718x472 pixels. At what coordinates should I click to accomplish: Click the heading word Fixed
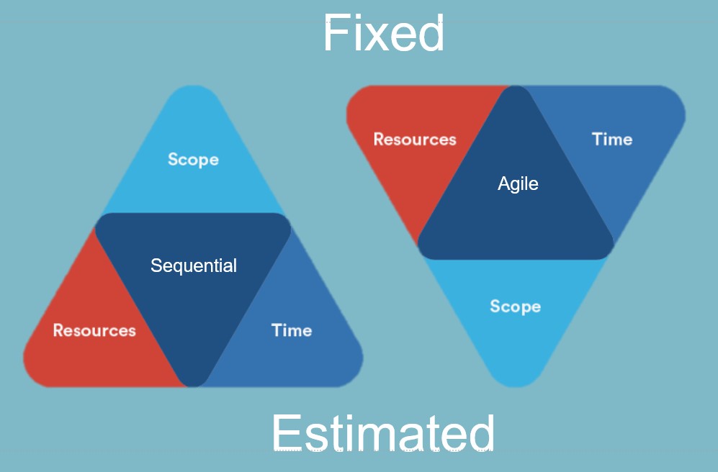point(384,33)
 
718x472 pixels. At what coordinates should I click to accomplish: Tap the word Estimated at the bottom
point(383,432)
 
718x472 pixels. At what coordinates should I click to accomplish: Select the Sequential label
point(194,265)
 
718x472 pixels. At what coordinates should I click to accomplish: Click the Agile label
point(518,184)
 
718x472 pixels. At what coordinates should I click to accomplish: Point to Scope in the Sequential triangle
point(193,160)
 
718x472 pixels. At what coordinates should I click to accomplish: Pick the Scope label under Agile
point(515,306)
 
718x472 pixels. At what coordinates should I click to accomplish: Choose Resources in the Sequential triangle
point(94,330)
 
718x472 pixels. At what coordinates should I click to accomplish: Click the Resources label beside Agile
point(415,139)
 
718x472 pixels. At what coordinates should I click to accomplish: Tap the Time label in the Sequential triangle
point(292,330)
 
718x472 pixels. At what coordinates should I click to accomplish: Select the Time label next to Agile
point(612,139)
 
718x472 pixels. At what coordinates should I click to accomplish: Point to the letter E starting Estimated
point(286,432)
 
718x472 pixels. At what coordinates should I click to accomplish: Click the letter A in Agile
point(504,183)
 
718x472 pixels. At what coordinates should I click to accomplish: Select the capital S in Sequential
point(156,265)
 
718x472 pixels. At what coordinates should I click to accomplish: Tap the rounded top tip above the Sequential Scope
point(193,86)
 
